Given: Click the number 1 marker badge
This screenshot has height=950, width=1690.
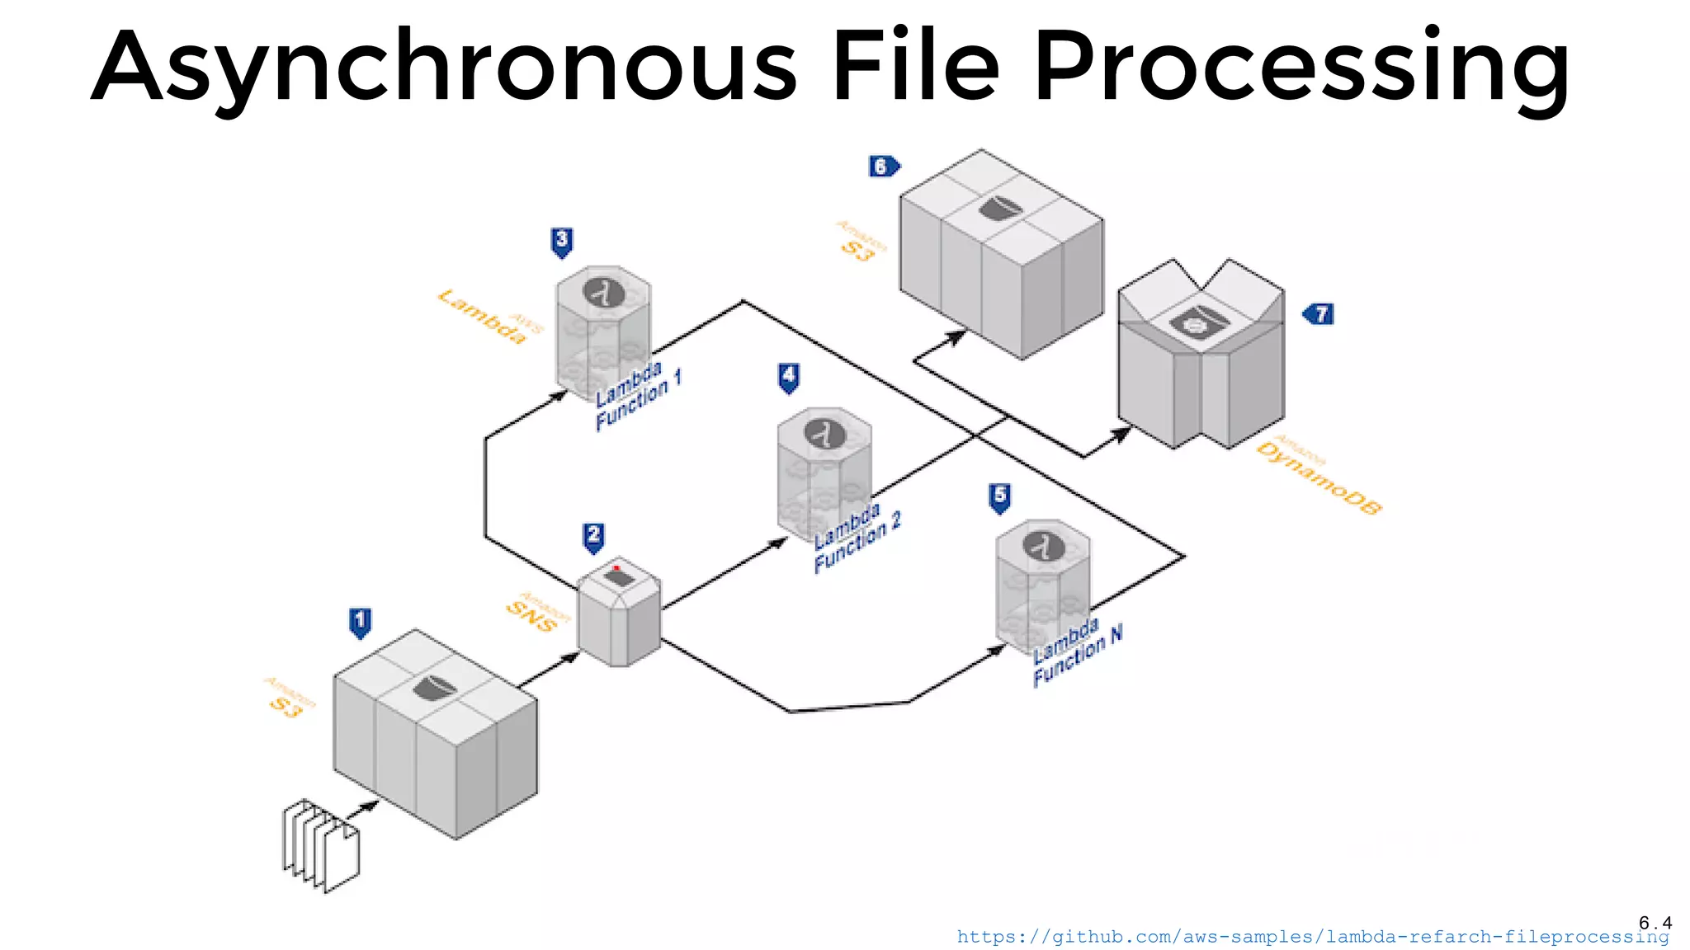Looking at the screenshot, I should coord(360,622).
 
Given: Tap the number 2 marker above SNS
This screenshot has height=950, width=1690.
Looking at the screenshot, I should coord(593,536).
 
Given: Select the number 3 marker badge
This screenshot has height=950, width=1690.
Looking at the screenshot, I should coord(562,242).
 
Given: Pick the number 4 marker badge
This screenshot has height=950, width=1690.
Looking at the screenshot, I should coord(789,377).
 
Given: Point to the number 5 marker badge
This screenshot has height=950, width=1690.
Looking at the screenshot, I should coord(999,496).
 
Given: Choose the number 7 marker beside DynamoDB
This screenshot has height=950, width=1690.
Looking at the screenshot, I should coord(1319,314).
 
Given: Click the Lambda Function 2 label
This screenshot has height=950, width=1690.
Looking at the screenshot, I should coord(856,538).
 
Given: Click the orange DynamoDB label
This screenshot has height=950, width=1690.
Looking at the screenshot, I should coord(1318,477).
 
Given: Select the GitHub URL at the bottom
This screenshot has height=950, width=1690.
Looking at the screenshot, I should coord(1312,937).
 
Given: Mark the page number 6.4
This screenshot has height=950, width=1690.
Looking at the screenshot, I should coord(1655,922).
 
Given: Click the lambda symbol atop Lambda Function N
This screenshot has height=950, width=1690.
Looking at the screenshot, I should coord(1043,546).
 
